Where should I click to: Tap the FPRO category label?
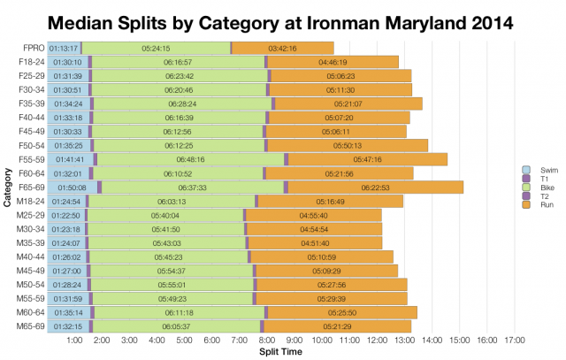point(31,48)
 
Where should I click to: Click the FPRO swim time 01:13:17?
point(64,48)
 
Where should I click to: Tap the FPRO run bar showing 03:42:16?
point(282,48)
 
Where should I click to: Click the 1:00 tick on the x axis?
point(73,341)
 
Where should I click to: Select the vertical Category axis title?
point(7,188)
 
